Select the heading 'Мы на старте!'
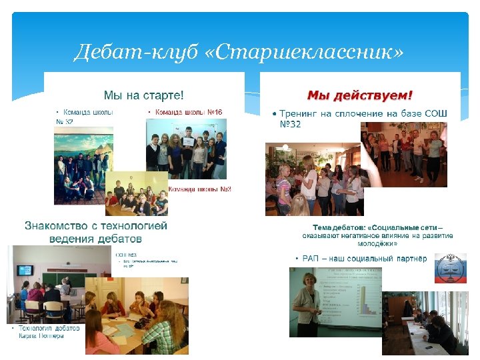point(143,95)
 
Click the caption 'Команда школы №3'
point(199,190)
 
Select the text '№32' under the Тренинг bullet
point(290,125)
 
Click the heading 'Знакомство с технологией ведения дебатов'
point(96,231)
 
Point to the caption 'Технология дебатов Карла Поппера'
point(45,331)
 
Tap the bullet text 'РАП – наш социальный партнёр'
point(361,258)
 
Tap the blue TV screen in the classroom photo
point(25,270)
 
